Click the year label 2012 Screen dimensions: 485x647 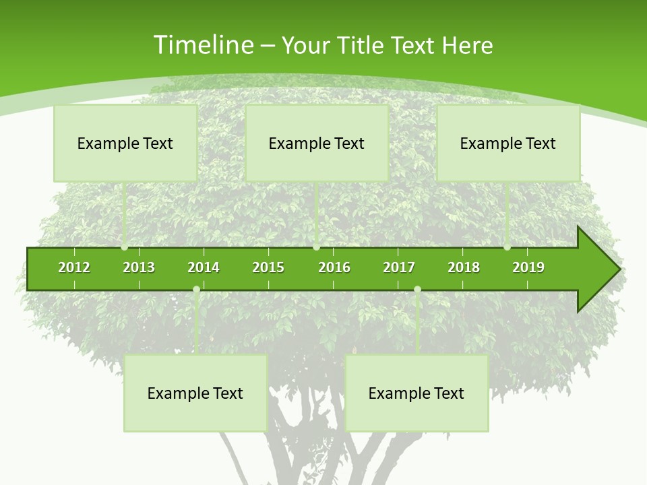(x=74, y=268)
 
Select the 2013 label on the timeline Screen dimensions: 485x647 (x=139, y=268)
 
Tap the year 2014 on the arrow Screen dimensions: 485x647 (x=204, y=268)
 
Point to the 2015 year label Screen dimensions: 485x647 (x=268, y=268)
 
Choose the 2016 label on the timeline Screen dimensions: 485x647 (x=334, y=268)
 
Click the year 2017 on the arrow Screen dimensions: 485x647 (x=399, y=268)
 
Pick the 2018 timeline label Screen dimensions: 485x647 (x=464, y=268)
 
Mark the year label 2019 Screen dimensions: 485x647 (x=528, y=268)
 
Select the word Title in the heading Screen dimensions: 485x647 (x=363, y=45)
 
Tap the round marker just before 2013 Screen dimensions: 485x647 (x=125, y=247)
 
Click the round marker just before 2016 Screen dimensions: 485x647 (x=316, y=247)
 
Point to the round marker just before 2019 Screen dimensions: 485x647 (x=507, y=247)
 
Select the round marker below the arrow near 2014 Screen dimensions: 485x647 (x=196, y=290)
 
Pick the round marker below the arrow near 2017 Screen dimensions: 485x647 (x=417, y=290)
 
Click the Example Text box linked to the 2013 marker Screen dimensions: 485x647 (x=125, y=143)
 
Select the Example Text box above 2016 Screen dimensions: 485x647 (x=317, y=143)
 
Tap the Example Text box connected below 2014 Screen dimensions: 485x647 (x=195, y=393)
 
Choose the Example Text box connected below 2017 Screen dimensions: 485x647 (x=417, y=393)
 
